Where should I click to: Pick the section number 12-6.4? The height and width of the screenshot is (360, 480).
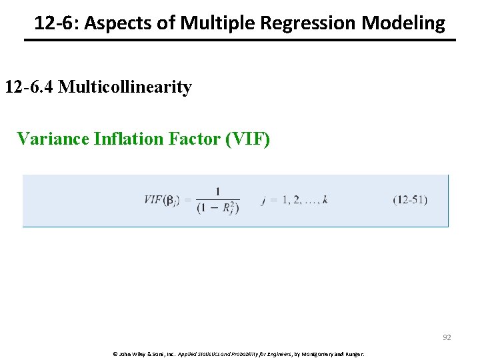point(29,87)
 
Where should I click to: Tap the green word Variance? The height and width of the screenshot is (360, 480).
point(53,139)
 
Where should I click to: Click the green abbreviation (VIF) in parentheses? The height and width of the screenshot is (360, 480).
point(248,139)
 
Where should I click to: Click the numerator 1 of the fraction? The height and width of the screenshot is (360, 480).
point(218,192)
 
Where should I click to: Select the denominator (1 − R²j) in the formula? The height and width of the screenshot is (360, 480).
point(218,208)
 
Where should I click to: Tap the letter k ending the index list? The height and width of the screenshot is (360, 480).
point(325,200)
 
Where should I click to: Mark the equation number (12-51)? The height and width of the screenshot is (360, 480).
point(410,200)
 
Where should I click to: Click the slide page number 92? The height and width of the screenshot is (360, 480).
point(447,337)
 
